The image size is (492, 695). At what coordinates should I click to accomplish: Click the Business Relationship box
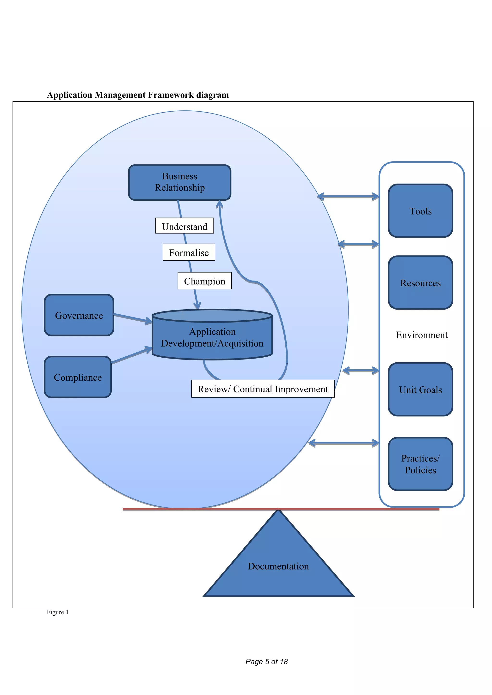click(180, 182)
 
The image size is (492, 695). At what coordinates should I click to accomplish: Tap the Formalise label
click(189, 252)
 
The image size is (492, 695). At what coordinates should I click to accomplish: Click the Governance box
click(79, 315)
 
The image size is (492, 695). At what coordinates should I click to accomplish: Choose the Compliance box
click(78, 377)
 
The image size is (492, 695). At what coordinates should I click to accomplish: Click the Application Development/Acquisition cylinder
click(212, 337)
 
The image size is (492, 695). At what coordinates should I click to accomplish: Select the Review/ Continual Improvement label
click(263, 389)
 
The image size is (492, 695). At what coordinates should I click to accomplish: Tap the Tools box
click(420, 211)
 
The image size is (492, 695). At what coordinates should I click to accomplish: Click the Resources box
click(420, 283)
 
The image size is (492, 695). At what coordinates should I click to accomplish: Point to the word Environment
click(421, 335)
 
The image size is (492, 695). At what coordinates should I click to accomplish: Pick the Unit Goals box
click(420, 389)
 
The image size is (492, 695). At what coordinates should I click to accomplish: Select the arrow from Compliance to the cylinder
click(131, 356)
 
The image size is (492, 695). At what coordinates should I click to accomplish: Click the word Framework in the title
click(171, 95)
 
